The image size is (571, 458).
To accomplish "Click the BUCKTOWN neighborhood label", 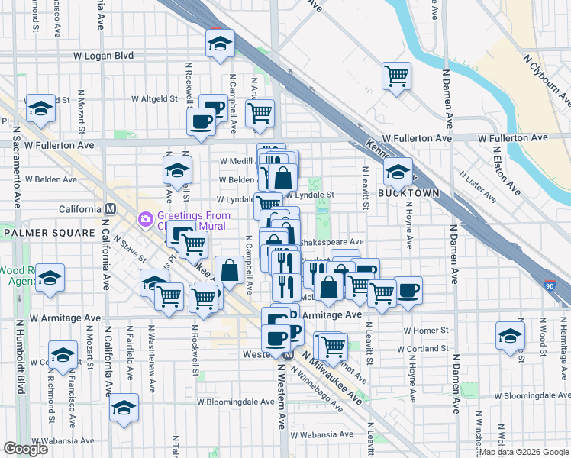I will click(409, 193).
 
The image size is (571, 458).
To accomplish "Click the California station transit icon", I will click(111, 209).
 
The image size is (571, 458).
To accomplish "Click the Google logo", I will click(25, 449).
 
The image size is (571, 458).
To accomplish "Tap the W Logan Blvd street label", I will click(103, 56).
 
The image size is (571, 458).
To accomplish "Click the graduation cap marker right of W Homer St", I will click(510, 335).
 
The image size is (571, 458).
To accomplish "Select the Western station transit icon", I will click(289, 354).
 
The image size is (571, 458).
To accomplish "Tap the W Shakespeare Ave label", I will click(333, 241).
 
